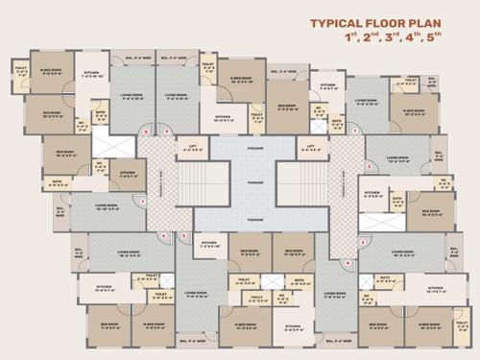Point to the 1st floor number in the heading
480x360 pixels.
(350, 38)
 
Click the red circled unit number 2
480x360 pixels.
(369, 166)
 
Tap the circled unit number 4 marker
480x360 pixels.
(348, 261)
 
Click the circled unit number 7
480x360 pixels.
(144, 202)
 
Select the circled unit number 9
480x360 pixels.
(166, 131)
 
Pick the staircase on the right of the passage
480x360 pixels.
(293, 181)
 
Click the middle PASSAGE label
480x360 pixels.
(254, 181)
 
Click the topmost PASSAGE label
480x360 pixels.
(254, 149)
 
